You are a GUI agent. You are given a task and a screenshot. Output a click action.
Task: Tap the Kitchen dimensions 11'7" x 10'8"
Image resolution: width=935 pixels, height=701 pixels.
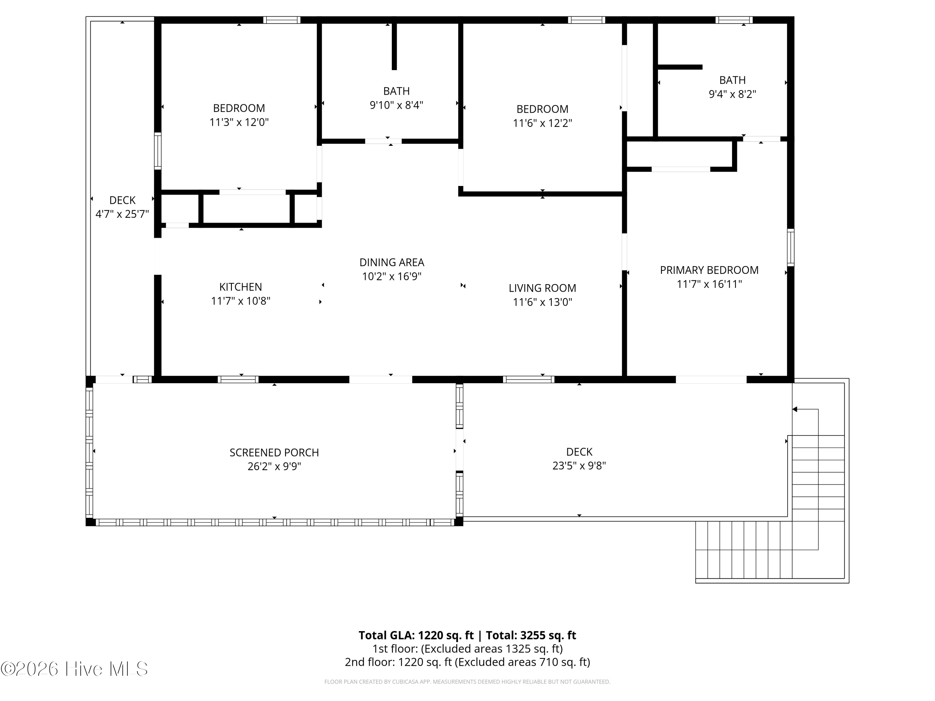click(x=241, y=301)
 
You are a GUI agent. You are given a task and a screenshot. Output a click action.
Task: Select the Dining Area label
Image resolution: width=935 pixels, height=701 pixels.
click(x=392, y=262)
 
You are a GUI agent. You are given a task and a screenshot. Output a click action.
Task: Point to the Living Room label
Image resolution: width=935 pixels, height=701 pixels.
click(x=542, y=288)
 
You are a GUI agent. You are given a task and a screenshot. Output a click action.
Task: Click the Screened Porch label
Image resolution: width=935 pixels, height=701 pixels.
click(x=274, y=453)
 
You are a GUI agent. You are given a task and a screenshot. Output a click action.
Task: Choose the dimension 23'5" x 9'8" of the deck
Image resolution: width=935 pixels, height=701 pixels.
click(x=579, y=466)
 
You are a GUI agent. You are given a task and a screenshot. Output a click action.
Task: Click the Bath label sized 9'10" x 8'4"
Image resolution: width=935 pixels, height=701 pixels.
click(x=396, y=91)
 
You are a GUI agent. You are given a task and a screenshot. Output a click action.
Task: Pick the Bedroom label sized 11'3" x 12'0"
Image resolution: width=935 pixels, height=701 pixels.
click(x=239, y=108)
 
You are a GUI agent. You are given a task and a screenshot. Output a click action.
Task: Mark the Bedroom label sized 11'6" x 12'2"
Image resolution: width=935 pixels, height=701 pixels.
click(x=542, y=109)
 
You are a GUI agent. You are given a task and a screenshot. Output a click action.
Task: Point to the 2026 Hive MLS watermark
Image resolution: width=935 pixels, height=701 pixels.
click(x=74, y=669)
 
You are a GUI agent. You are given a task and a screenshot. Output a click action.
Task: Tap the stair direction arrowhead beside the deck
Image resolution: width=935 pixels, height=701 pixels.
click(x=795, y=409)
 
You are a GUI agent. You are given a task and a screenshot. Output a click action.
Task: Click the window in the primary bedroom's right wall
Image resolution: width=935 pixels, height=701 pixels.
click(x=790, y=247)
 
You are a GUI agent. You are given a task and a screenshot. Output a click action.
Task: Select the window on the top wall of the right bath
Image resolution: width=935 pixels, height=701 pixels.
click(x=734, y=20)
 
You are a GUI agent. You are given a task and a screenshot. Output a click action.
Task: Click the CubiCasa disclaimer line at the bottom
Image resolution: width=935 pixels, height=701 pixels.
click(x=467, y=682)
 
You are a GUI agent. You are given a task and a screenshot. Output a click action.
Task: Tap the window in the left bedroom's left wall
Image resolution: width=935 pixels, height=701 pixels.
click(x=158, y=151)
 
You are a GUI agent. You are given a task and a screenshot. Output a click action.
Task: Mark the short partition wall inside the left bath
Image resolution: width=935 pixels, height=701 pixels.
click(x=394, y=46)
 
